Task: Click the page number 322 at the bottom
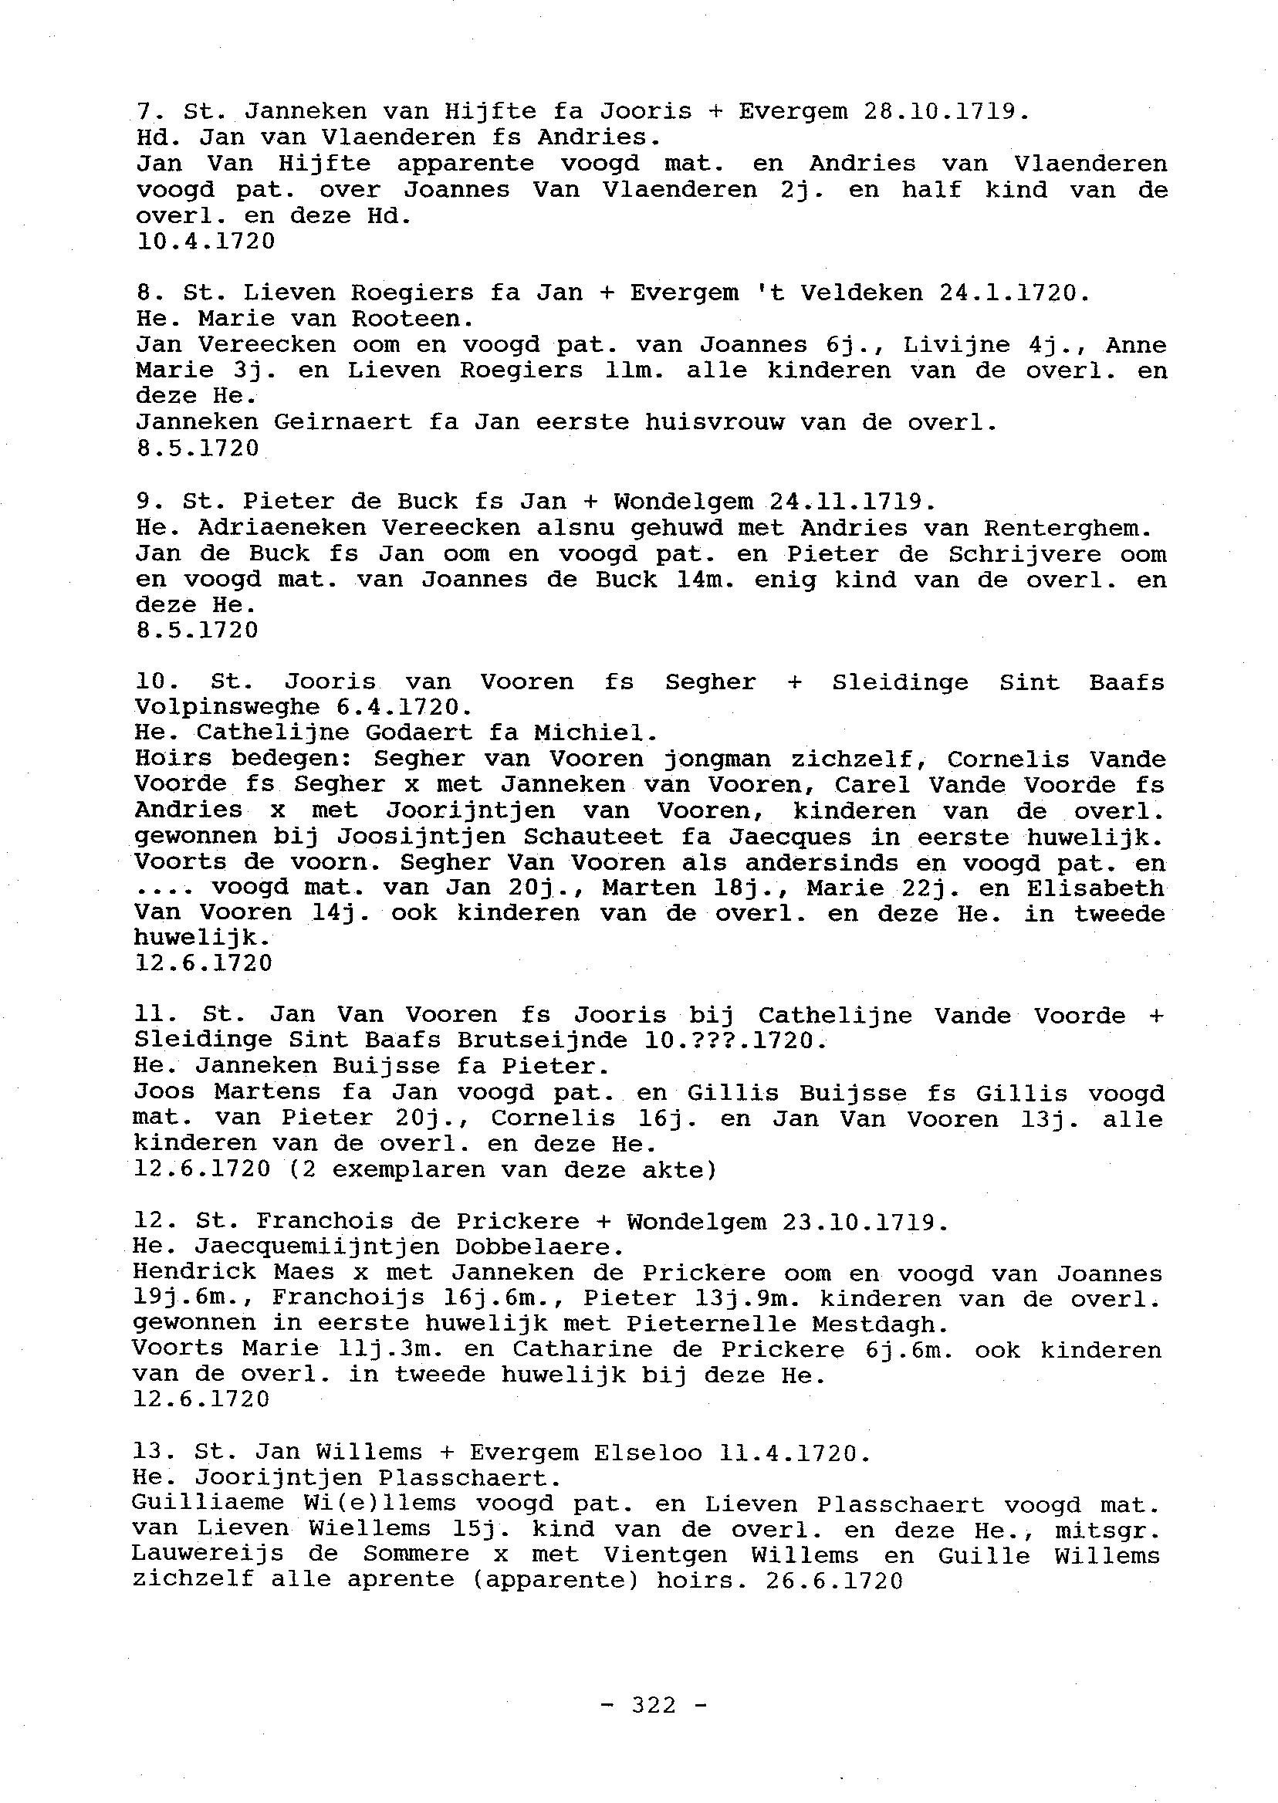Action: pos(654,1706)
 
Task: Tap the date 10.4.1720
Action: pos(205,242)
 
